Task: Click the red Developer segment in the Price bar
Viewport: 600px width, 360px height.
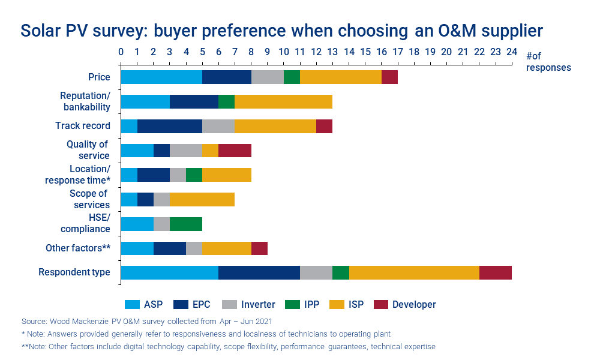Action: [x=389, y=77]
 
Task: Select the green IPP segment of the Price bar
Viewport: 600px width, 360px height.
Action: [x=292, y=77]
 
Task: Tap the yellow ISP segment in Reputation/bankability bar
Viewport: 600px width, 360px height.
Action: [x=283, y=101]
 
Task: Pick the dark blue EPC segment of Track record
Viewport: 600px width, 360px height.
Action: [x=170, y=126]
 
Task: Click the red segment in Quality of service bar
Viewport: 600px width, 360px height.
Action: [x=235, y=151]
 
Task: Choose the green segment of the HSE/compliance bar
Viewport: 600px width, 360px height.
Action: [x=186, y=224]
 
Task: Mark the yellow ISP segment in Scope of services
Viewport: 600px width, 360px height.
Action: [x=202, y=199]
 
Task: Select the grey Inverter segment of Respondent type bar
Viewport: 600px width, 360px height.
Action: [x=316, y=272]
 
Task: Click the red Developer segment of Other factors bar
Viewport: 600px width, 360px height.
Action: [x=259, y=248]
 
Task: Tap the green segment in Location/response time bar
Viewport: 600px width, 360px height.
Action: [x=194, y=175]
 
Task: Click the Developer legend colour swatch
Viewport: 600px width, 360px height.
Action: [x=381, y=304]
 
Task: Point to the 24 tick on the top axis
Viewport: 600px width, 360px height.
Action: [x=511, y=52]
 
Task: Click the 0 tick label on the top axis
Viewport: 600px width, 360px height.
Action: [x=121, y=52]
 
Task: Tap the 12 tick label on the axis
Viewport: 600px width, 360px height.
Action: [x=316, y=52]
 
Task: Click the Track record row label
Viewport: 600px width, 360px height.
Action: [x=83, y=126]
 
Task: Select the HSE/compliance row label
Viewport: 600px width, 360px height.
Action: [x=85, y=223]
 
